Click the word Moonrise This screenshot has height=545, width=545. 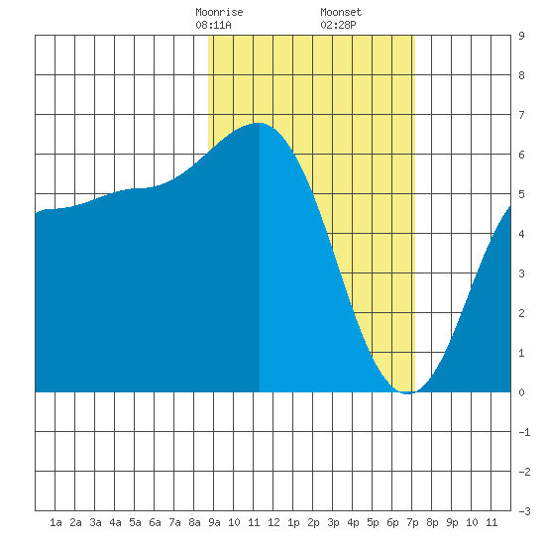(219, 12)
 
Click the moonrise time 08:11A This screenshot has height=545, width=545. (213, 25)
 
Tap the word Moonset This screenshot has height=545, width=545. (341, 12)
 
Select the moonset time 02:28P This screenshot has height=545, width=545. (338, 25)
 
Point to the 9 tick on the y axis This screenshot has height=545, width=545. (521, 36)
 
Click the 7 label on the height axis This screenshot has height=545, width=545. (521, 115)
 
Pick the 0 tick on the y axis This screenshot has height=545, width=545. (521, 392)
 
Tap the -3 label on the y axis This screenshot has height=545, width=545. (524, 511)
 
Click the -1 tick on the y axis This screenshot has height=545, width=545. (524, 432)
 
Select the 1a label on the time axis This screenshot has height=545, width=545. (55, 522)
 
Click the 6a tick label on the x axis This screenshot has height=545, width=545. (155, 522)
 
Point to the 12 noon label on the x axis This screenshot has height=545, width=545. (273, 522)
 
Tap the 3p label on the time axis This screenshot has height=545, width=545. (333, 522)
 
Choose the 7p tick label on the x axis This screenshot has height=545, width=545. (412, 522)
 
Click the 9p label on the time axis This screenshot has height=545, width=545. (452, 522)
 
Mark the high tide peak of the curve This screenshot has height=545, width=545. (259, 123)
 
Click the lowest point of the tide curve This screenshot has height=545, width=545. (408, 393)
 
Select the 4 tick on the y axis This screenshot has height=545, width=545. (521, 234)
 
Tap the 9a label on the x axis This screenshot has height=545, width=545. (214, 522)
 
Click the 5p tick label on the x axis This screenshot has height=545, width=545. (373, 522)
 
